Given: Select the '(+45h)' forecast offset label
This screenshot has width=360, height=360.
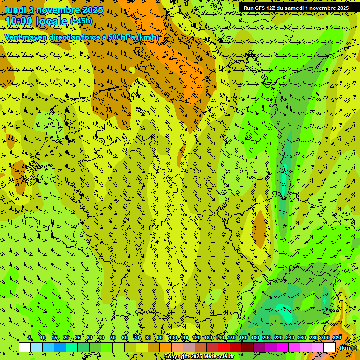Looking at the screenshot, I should pos(81,21).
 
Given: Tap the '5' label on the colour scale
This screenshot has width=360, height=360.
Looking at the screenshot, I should pos(30,338).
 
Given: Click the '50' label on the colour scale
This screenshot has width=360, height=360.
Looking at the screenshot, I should pos(113,338).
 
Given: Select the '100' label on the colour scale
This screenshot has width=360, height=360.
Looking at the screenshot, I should pos(172,338).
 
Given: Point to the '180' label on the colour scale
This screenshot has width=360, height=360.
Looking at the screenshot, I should pos(255,338).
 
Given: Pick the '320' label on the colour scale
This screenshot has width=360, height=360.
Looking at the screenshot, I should pos(337,338).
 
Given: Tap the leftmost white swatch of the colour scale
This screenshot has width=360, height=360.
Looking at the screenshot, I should pos(25,347).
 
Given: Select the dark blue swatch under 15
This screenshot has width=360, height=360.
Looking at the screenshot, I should pos(60,347).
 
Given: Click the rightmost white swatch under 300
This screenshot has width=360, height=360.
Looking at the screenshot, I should pos(330,347).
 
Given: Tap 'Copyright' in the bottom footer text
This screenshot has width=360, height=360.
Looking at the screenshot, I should pos(176,357).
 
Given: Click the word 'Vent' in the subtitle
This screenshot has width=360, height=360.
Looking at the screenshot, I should pos(13,37).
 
